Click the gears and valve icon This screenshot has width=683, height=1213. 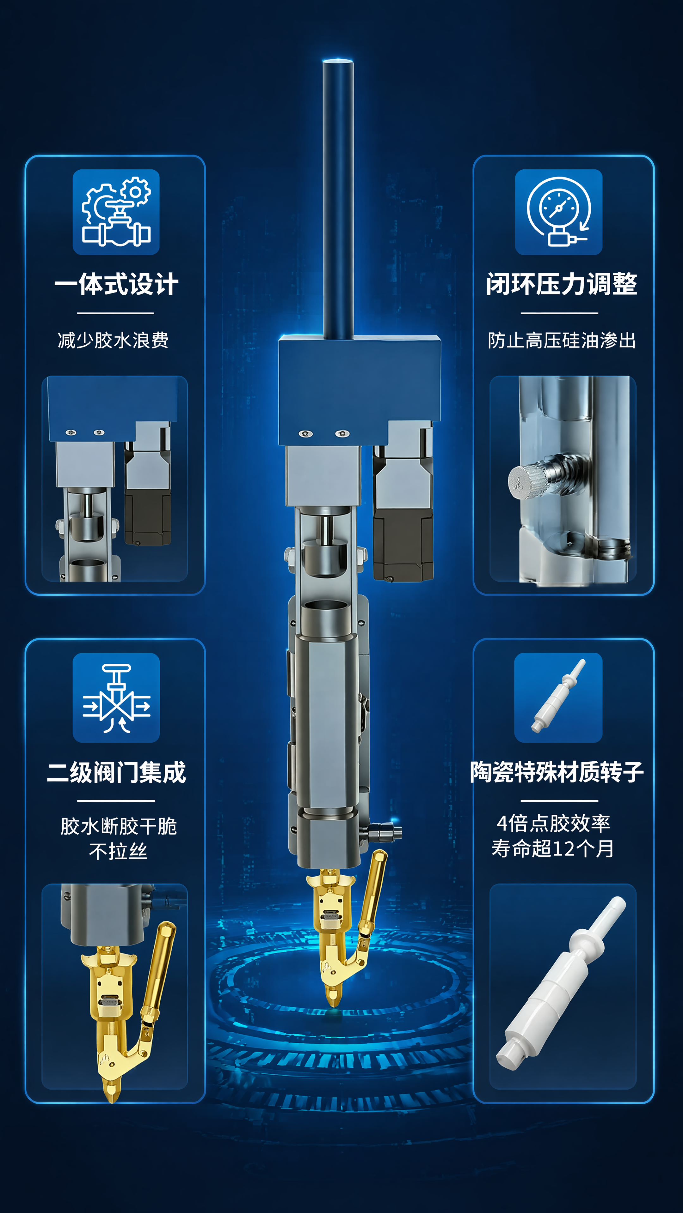[x=116, y=212]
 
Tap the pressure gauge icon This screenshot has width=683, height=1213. [x=558, y=212]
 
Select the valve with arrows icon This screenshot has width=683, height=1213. [x=116, y=697]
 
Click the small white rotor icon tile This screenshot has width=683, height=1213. [x=558, y=697]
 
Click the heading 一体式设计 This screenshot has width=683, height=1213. [x=116, y=284]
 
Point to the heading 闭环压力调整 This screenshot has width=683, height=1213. [x=561, y=284]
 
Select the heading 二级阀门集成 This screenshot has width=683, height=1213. [x=116, y=772]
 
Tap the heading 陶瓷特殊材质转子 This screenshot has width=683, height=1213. [x=557, y=772]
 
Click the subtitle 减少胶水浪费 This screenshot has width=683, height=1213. [x=113, y=340]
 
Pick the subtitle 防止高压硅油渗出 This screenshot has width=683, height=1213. [x=561, y=340]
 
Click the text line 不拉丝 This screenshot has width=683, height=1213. [x=118, y=851]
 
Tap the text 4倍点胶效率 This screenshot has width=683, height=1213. [x=553, y=824]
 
